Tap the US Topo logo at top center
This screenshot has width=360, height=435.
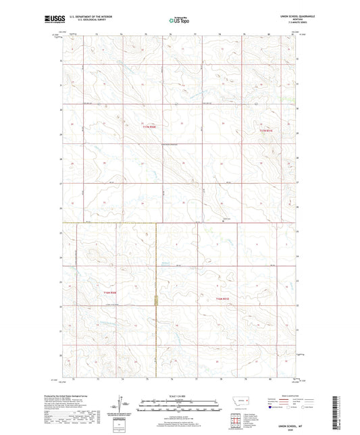coord(180,21)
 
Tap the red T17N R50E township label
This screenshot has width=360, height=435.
coord(149,126)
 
